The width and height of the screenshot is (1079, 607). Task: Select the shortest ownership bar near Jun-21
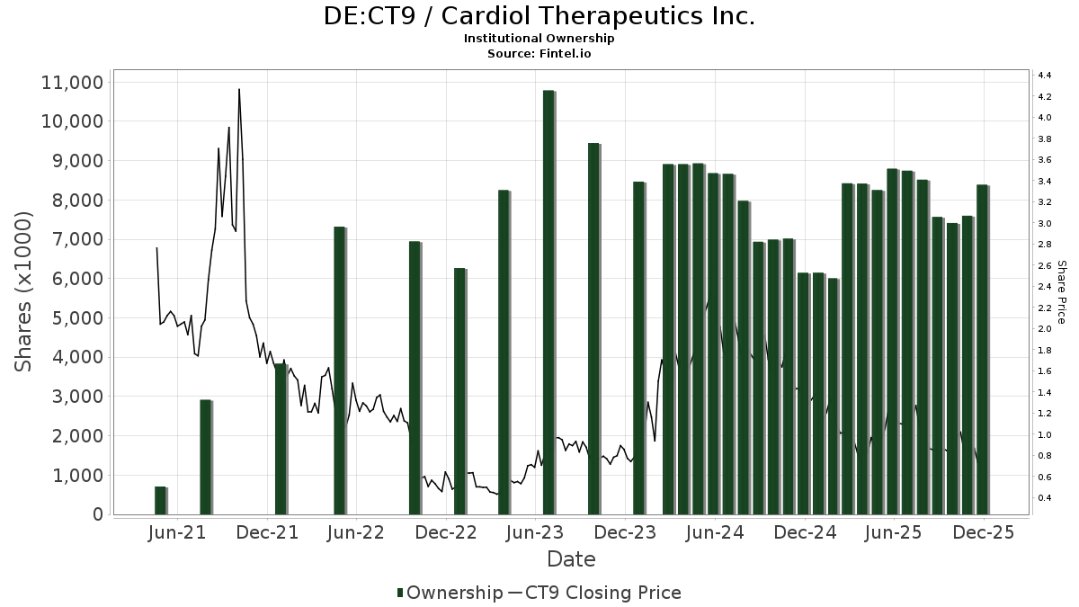(160, 501)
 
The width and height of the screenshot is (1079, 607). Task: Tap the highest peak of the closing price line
(239, 90)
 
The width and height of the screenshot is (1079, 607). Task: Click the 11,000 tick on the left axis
(72, 83)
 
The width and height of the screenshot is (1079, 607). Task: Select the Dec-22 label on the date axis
(447, 532)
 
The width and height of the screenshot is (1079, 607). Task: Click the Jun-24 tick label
(715, 532)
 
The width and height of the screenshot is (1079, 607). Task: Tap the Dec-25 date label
(985, 532)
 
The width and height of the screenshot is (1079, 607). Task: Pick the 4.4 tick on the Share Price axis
(1045, 76)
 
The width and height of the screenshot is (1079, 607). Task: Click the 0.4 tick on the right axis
(1045, 498)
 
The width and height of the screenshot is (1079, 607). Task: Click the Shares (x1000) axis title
(24, 291)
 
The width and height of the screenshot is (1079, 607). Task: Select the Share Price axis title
(1061, 292)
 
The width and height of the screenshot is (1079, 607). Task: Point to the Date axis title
(571, 559)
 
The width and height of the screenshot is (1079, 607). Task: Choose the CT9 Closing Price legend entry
(594, 593)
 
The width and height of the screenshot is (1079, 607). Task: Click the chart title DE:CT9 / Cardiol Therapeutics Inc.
(539, 16)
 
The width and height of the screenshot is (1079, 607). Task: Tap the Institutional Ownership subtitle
(539, 39)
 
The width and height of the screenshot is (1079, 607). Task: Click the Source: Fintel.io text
(539, 53)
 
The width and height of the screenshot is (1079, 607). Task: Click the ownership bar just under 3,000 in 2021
(205, 457)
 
